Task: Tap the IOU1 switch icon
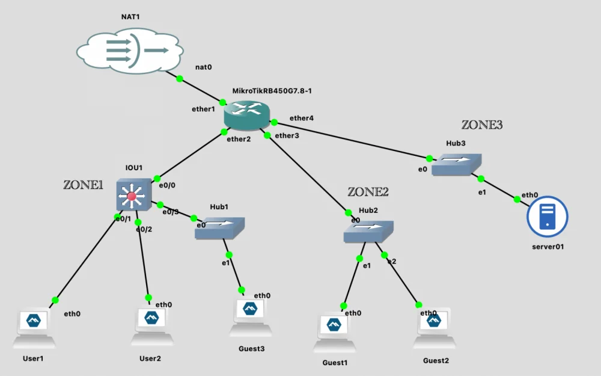(x=133, y=195)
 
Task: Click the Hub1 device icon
(x=220, y=228)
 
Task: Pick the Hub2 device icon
(x=368, y=232)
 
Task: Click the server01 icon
(x=547, y=217)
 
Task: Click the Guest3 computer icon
(x=250, y=317)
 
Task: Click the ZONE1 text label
(x=84, y=185)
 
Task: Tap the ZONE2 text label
(x=368, y=192)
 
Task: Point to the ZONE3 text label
(x=481, y=125)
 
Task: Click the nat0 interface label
(x=203, y=67)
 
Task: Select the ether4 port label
(x=301, y=118)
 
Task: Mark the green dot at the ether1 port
(x=223, y=102)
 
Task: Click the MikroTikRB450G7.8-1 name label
(x=272, y=90)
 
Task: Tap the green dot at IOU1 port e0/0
(x=155, y=178)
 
